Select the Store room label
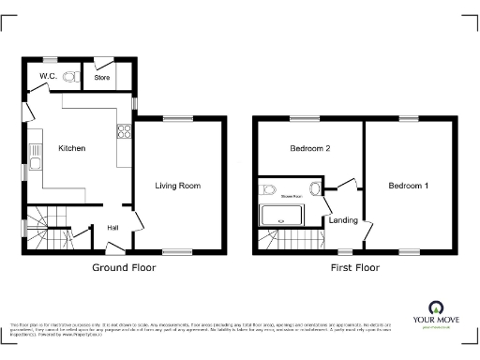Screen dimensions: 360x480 [x=102, y=77]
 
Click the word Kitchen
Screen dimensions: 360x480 [x=72, y=148]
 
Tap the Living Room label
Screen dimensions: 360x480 [x=178, y=186]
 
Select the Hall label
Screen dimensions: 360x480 [x=112, y=227]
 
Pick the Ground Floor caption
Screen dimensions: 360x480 [x=124, y=268]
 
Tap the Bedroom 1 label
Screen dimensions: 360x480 [x=409, y=186]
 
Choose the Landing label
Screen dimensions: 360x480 [x=343, y=220]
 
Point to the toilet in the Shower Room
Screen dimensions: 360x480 [x=269, y=190]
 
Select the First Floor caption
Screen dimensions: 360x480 [x=355, y=268]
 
